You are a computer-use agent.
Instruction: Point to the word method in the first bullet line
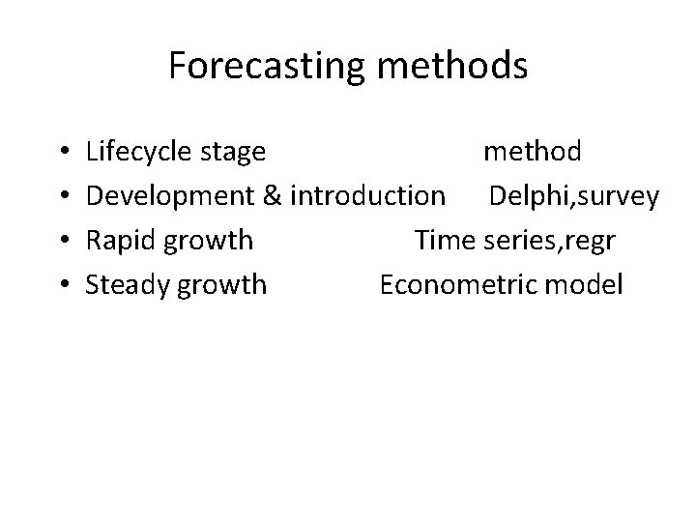click(x=532, y=152)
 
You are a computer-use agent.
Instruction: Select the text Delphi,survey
click(x=574, y=197)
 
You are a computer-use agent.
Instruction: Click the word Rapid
click(x=121, y=241)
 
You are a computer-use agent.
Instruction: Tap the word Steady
click(x=127, y=285)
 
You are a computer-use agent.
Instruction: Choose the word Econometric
click(x=458, y=285)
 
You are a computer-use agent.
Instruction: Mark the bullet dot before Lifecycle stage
click(x=62, y=153)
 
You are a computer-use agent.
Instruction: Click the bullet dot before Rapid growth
click(x=62, y=242)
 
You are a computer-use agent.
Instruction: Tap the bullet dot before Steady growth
click(x=62, y=286)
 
